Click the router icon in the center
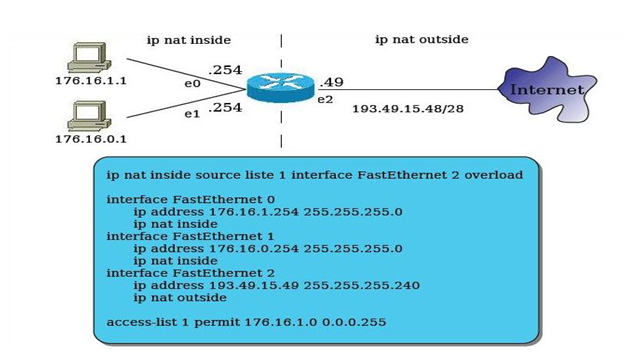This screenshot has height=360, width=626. [281, 87]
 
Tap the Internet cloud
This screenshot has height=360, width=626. [546, 90]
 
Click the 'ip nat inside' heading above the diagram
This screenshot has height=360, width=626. [189, 40]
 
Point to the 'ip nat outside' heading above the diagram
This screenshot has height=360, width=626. [421, 40]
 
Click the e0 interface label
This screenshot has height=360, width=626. [192, 84]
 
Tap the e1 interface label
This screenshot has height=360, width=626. [192, 114]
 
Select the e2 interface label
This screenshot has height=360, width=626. [325, 99]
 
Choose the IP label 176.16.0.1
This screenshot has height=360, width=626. [90, 139]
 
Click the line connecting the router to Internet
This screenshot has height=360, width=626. [420, 89]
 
